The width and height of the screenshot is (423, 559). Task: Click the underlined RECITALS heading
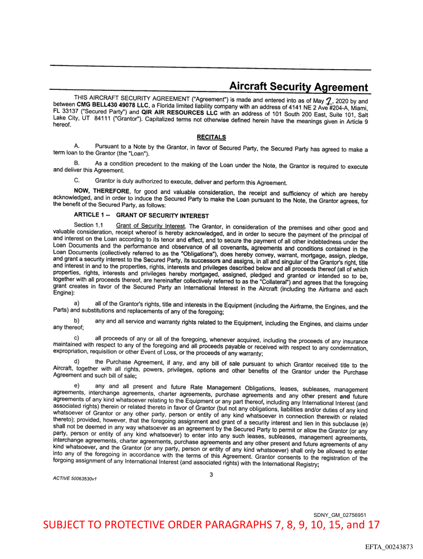211,137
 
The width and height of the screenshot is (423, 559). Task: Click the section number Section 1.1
88,225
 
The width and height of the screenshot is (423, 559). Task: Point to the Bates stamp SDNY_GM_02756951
340,514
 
